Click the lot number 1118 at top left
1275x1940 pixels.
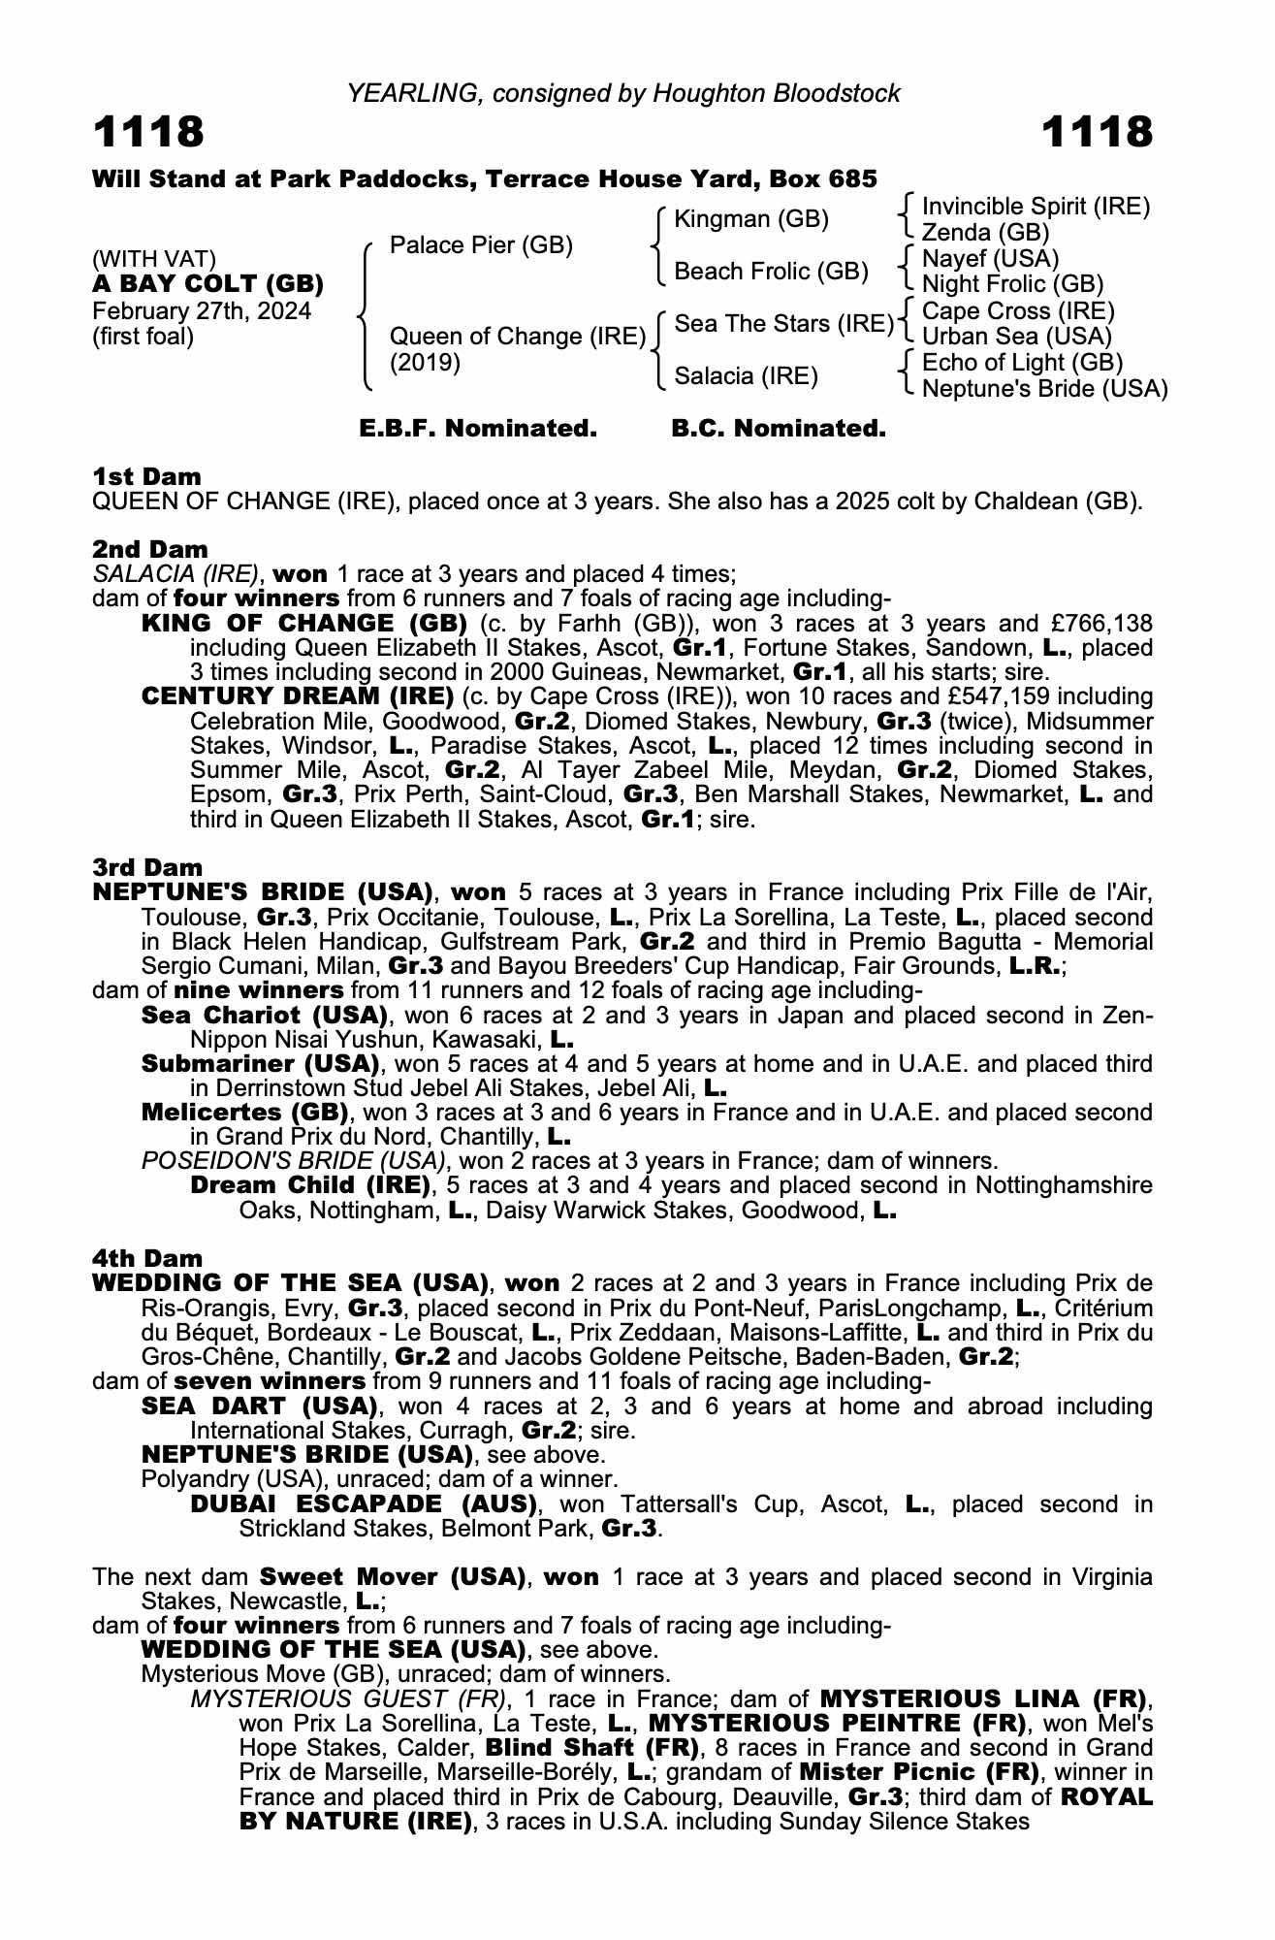(x=148, y=132)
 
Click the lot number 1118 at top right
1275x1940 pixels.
(x=1098, y=132)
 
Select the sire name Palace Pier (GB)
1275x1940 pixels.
(x=481, y=245)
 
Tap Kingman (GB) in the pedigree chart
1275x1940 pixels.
(x=751, y=219)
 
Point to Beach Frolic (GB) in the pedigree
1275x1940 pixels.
(x=771, y=272)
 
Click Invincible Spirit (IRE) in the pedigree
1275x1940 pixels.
(x=1036, y=207)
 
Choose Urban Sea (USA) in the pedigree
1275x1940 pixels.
(x=1016, y=337)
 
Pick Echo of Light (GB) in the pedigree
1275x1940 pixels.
(x=1022, y=363)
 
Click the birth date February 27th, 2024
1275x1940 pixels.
(x=202, y=311)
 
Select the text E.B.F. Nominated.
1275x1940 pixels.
(x=478, y=429)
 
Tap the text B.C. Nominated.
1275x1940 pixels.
(x=779, y=429)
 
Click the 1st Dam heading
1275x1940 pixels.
(x=147, y=476)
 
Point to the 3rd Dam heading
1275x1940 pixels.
(x=148, y=867)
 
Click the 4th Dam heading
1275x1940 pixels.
(x=147, y=1258)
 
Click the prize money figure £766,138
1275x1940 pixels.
(x=1098, y=623)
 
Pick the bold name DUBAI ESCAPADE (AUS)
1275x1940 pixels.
(x=364, y=1504)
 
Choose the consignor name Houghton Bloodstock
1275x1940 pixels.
(x=777, y=93)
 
